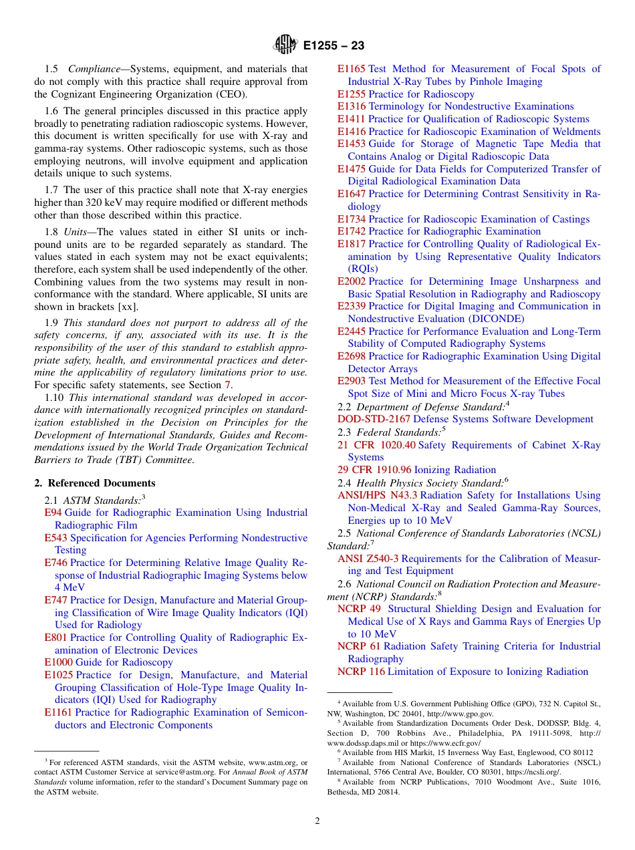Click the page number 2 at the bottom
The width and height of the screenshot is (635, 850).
(x=317, y=821)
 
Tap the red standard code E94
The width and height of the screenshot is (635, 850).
(x=53, y=513)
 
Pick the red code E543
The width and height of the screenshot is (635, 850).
(x=55, y=538)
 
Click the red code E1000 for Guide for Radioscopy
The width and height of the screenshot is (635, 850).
(x=58, y=662)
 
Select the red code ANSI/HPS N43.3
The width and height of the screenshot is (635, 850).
(x=377, y=495)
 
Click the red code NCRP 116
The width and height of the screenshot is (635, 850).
(x=361, y=672)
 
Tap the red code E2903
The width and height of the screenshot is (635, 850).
(x=352, y=381)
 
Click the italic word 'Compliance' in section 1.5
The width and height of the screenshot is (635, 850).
(x=97, y=69)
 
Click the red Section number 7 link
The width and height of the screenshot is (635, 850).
(x=227, y=385)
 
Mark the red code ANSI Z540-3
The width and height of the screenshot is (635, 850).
(x=368, y=559)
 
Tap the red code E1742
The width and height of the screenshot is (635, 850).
(x=352, y=231)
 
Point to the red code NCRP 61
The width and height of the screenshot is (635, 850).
(x=358, y=646)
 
